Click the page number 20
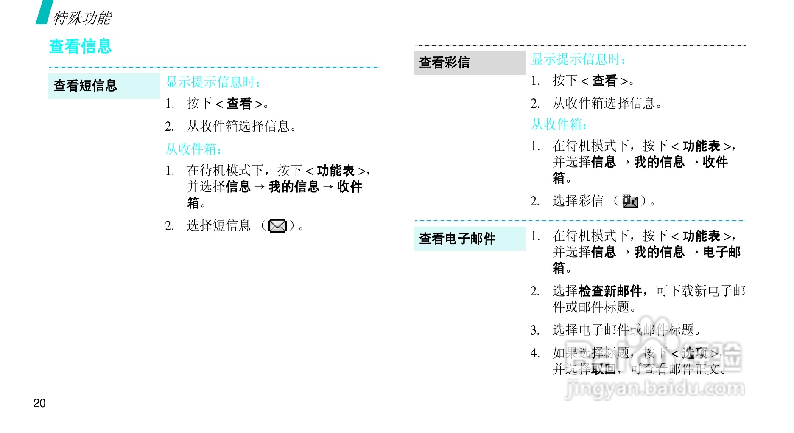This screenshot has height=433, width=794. [x=39, y=403]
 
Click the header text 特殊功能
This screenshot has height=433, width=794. [x=82, y=18]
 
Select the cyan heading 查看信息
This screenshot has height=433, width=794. [x=80, y=47]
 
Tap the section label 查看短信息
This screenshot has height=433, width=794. [x=85, y=86]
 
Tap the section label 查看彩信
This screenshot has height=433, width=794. [x=445, y=62]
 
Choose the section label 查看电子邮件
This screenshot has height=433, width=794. [x=457, y=239]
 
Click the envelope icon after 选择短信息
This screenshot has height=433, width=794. [x=278, y=226]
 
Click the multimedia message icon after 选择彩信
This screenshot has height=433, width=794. [x=630, y=201]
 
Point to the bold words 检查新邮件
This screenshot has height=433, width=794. [x=610, y=291]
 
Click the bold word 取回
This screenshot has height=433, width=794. [x=604, y=369]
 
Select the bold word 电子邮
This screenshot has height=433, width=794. [x=722, y=252]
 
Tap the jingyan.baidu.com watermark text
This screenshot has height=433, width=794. [x=655, y=388]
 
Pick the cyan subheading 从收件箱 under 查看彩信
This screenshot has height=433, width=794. [x=559, y=124]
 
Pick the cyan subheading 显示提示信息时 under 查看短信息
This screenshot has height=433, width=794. [x=213, y=82]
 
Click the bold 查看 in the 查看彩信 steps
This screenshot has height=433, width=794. [x=604, y=81]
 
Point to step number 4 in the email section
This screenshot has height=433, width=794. [x=535, y=353]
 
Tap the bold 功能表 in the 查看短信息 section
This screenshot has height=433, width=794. [x=335, y=171]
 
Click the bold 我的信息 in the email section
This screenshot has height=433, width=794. [x=660, y=252]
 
